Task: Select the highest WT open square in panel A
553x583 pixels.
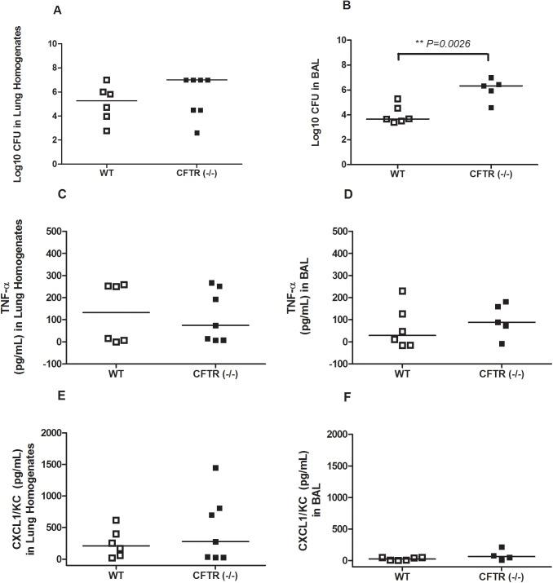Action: click(x=106, y=80)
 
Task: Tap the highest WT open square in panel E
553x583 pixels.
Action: click(x=117, y=520)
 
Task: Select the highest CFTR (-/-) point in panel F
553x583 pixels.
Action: click(x=479, y=548)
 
